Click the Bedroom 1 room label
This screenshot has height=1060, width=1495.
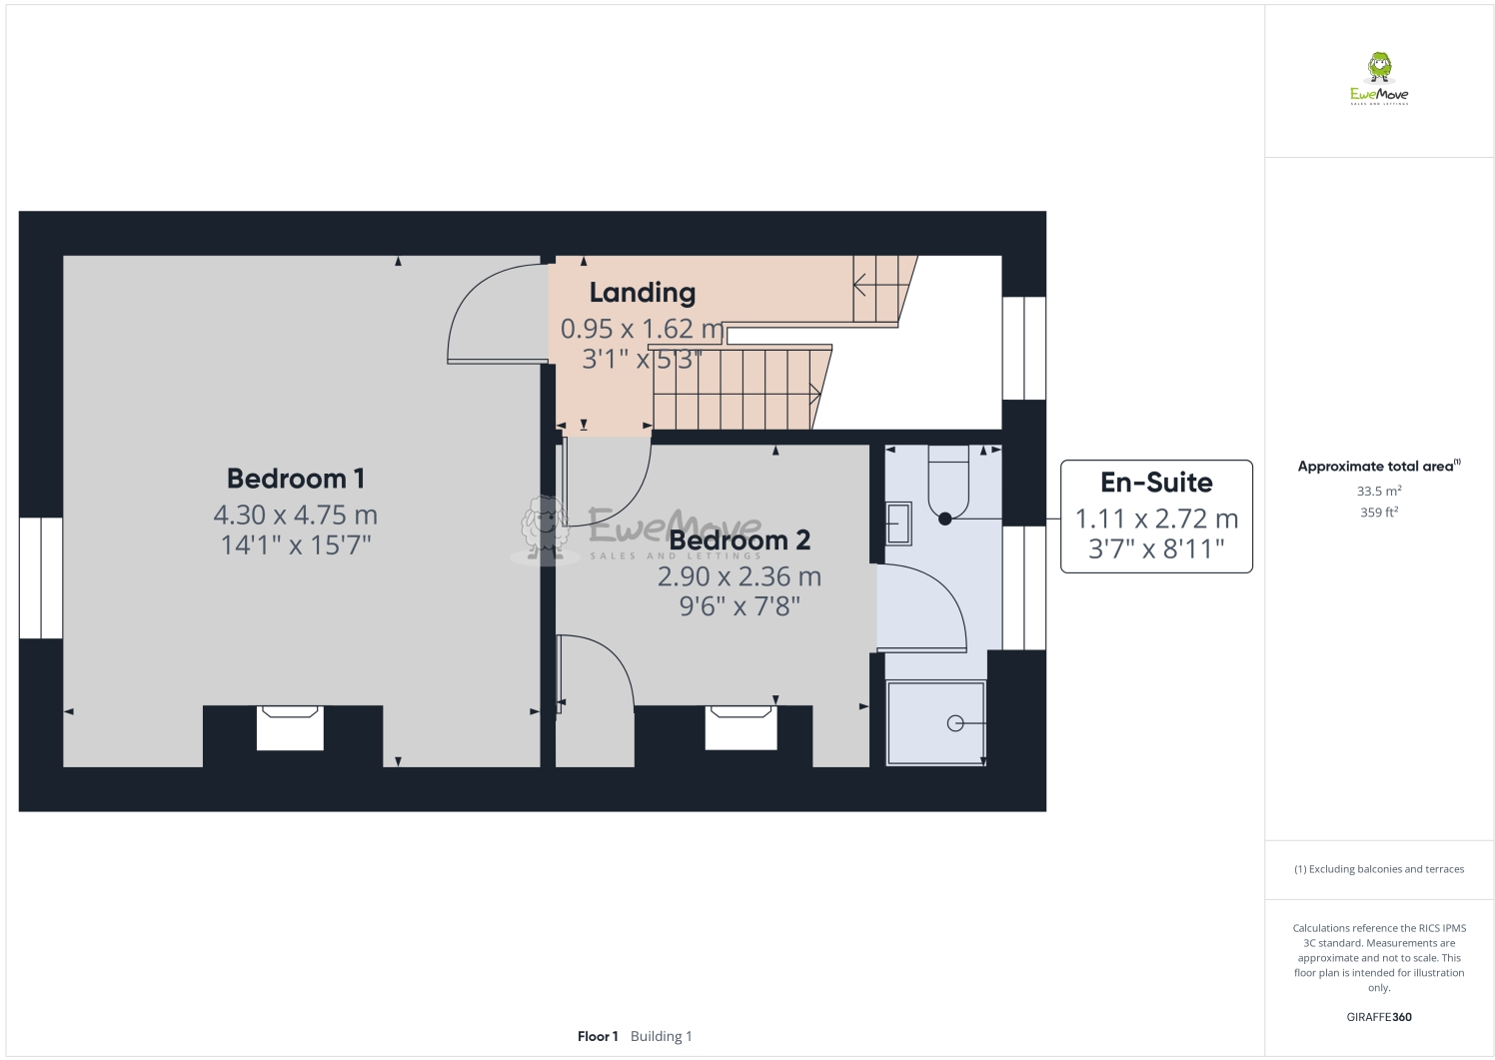[295, 479]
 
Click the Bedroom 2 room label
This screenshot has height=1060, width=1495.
[740, 540]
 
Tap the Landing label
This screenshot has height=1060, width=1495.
[642, 293]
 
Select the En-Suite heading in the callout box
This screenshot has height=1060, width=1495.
[1156, 483]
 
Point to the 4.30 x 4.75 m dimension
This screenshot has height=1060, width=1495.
[295, 516]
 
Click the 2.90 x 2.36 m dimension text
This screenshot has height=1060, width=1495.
[740, 576]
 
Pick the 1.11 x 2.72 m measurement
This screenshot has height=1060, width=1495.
[1156, 520]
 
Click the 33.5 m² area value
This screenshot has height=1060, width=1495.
[1378, 492]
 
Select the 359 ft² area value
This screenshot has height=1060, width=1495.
[1378, 513]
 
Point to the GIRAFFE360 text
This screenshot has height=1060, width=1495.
[1378, 1017]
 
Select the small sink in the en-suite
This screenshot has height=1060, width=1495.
[898, 524]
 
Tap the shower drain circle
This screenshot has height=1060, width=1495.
[955, 723]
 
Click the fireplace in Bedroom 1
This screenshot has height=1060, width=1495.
[290, 727]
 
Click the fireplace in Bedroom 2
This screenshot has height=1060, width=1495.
[741, 727]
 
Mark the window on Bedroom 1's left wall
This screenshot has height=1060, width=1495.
[41, 577]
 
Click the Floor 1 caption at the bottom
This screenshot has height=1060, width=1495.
[598, 1036]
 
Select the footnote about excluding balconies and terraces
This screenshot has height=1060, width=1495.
[1378, 869]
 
